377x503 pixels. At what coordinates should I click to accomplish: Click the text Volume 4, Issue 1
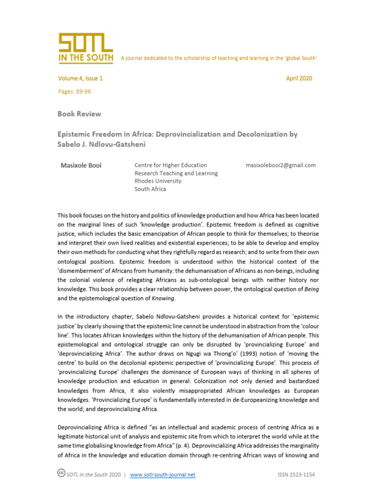[x=80, y=79]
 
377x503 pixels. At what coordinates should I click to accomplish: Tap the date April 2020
[x=298, y=79]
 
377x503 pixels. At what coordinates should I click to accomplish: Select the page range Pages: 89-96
[x=74, y=91]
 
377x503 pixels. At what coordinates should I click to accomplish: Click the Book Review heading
[x=79, y=114]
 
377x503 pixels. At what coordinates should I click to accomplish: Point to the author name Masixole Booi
[x=81, y=166]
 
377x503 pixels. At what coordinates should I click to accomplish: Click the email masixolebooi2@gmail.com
[x=280, y=166]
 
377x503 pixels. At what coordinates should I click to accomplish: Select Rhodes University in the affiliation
[x=158, y=181]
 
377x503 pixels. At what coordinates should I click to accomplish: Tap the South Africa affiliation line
[x=150, y=189]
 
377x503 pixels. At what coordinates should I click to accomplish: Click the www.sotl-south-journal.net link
[x=162, y=475]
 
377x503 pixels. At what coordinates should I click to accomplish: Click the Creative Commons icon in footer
[x=61, y=474]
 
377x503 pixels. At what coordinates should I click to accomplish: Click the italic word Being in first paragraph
[x=311, y=289]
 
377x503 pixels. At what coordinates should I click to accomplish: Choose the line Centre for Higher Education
[x=170, y=166]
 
